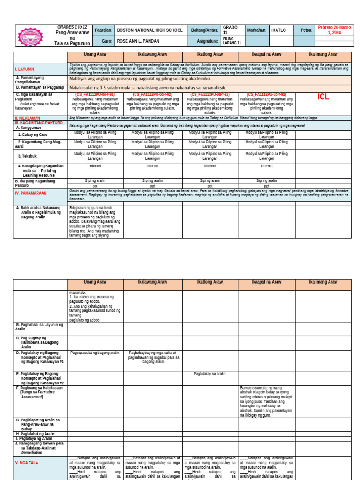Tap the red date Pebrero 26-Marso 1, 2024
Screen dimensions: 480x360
click(x=335, y=30)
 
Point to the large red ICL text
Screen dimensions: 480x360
click(x=323, y=97)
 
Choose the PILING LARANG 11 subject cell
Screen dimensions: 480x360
click(x=232, y=41)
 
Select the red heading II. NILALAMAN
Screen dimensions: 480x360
click(x=28, y=118)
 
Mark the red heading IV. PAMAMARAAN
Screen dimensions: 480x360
click(x=30, y=193)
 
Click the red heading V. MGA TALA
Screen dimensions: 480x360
click(x=27, y=463)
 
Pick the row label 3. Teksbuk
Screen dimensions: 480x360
click(x=28, y=156)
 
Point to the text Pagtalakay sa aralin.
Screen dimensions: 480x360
click(x=210, y=374)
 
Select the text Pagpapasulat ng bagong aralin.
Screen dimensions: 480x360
click(x=95, y=352)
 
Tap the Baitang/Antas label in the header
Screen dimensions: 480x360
click(x=205, y=30)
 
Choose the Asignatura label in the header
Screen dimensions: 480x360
click(x=205, y=41)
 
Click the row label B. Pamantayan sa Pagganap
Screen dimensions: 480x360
click(x=39, y=87)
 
